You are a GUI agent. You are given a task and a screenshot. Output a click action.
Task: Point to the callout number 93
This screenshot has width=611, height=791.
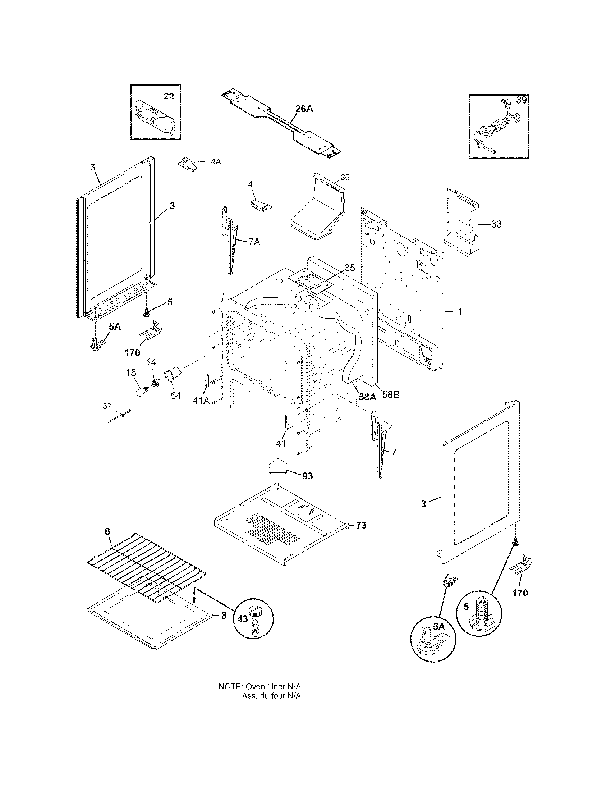(307, 476)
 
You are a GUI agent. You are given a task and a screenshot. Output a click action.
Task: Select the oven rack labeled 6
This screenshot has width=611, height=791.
(146, 566)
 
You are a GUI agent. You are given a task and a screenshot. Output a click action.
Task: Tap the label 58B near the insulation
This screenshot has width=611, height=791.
(391, 395)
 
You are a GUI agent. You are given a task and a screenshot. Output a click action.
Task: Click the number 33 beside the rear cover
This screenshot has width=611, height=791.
(496, 224)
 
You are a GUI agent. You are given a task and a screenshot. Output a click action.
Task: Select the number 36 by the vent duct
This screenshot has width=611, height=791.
(345, 177)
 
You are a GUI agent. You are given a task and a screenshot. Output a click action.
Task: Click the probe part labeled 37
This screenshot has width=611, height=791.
(119, 416)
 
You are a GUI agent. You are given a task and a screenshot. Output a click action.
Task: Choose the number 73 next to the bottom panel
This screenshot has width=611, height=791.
(361, 525)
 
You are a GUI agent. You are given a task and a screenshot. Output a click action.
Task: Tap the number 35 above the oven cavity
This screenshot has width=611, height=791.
(350, 268)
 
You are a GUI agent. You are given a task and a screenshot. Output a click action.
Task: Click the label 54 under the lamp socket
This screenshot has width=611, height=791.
(175, 396)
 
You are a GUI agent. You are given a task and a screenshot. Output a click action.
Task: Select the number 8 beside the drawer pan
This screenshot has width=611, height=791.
(224, 615)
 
